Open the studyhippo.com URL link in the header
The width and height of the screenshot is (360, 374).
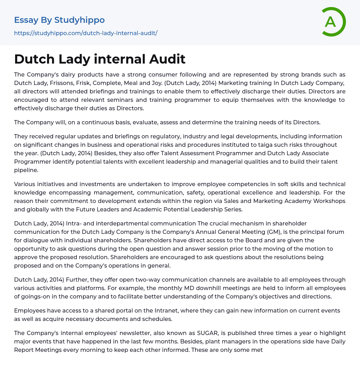[x=85, y=33]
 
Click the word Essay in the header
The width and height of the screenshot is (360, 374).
[x=26, y=20]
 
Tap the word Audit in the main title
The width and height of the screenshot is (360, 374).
[x=167, y=59]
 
